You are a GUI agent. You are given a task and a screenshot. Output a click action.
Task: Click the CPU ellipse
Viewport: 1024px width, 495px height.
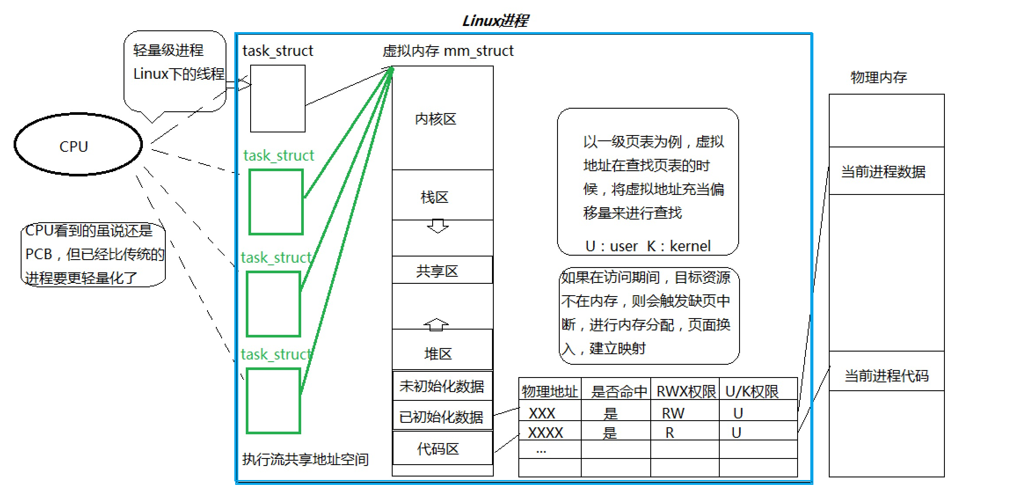pos(78,145)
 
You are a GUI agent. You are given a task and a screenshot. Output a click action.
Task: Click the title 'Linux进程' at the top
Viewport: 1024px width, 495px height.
pos(495,21)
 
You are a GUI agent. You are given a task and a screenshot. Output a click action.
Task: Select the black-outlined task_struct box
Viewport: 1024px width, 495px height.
pos(277,99)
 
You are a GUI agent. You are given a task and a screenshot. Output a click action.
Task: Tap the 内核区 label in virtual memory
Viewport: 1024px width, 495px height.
pos(435,119)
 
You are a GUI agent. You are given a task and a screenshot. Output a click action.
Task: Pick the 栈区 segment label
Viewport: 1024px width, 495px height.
pos(434,197)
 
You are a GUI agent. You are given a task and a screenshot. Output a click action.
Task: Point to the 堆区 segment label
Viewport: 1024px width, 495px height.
pos(438,353)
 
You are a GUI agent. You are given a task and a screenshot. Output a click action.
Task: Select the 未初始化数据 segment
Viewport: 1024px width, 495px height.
pos(442,386)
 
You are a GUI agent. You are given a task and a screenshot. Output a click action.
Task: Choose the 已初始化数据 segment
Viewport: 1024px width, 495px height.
pos(442,416)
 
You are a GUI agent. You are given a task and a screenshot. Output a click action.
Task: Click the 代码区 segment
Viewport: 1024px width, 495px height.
pos(438,448)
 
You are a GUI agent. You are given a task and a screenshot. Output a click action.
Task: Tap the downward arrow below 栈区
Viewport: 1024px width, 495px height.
pos(437,226)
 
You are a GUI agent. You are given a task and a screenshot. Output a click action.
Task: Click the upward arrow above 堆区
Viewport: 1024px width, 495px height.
pos(436,324)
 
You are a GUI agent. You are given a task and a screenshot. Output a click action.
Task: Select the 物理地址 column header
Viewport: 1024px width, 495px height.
pos(550,391)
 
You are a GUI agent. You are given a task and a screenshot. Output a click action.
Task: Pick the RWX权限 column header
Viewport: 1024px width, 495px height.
pos(685,391)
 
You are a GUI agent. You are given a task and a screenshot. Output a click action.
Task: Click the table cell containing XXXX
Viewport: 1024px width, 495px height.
pos(545,433)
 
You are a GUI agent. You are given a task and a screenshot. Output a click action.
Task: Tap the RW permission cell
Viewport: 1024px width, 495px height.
pos(673,413)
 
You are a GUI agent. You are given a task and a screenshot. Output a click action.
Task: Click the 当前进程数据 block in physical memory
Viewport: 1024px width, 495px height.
pos(883,171)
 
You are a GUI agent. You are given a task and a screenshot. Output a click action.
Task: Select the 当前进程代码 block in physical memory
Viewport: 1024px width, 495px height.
pos(886,375)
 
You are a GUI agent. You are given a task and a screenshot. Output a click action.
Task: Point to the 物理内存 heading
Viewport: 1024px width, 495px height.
pos(878,77)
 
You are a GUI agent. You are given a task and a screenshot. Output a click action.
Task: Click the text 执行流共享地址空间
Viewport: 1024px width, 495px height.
pos(305,459)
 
